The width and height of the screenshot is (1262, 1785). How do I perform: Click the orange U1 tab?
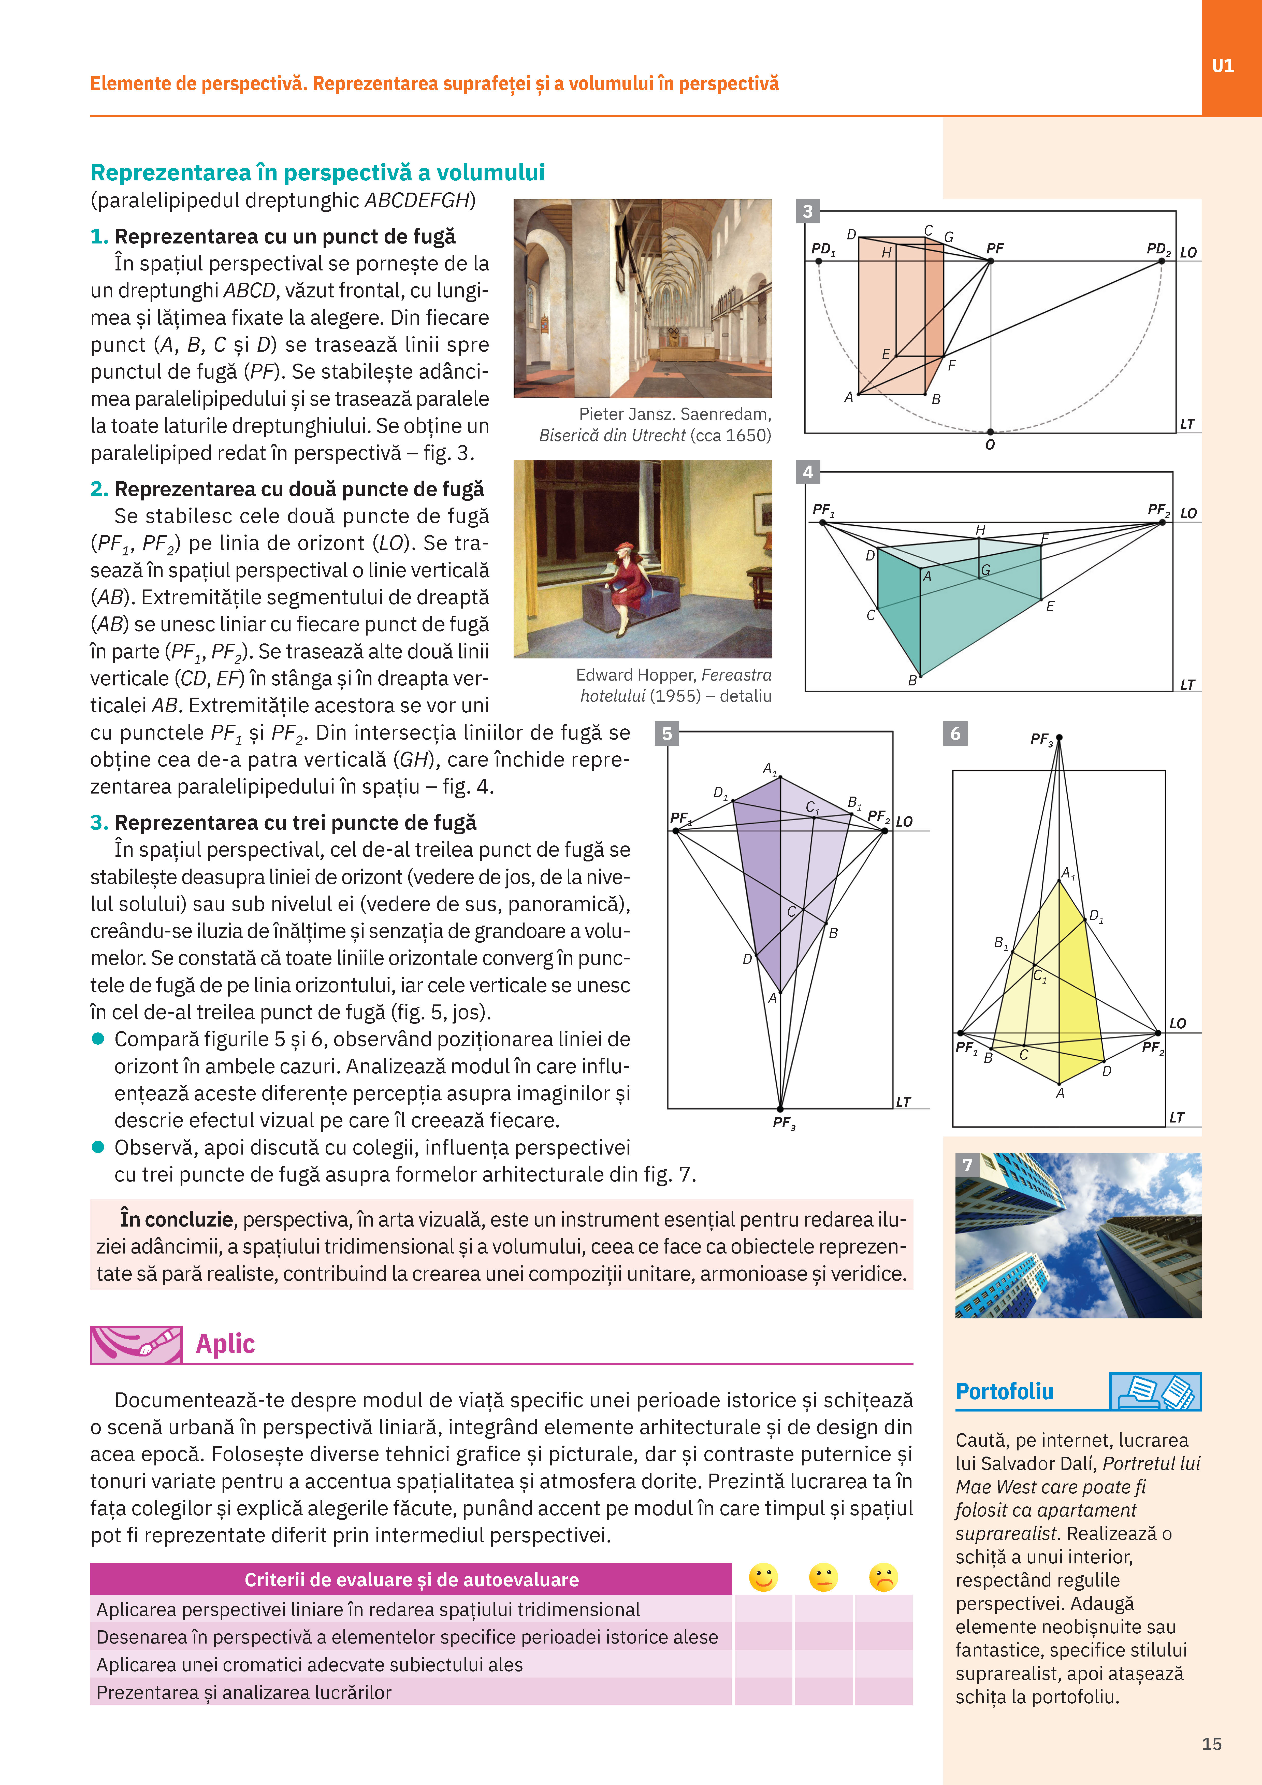[x=1232, y=58]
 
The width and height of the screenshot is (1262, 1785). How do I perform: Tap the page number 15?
[x=1211, y=1744]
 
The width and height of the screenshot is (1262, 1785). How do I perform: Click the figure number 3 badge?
[x=808, y=211]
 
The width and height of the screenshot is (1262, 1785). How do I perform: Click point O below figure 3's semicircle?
[x=990, y=431]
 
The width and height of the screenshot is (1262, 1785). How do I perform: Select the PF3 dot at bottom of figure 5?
[x=780, y=1109]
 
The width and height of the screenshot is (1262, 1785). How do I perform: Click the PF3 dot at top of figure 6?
[x=1059, y=737]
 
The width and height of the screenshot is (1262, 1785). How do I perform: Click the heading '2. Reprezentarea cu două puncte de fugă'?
[x=287, y=489]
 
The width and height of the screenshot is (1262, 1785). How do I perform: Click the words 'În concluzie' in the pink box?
[x=177, y=1219]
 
